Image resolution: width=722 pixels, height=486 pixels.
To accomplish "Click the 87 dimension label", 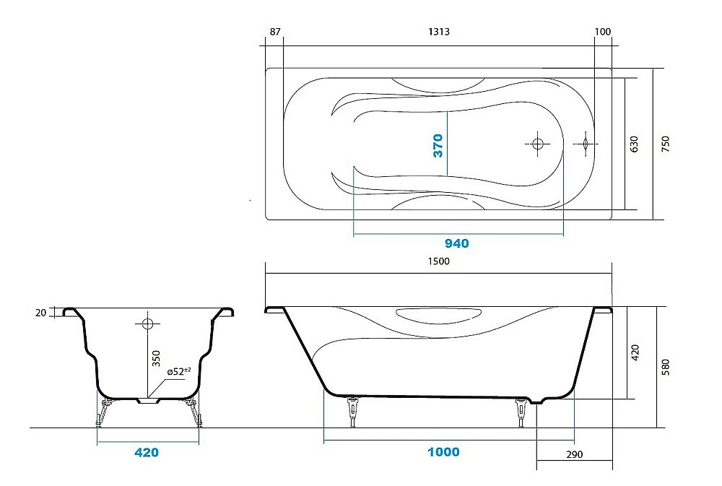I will click(274, 32).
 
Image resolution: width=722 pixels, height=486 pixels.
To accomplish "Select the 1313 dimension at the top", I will click(439, 32).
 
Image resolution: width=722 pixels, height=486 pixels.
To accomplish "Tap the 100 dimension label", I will click(603, 32).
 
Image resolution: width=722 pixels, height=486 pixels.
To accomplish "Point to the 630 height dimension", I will click(635, 144).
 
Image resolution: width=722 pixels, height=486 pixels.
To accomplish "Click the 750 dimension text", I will click(666, 144).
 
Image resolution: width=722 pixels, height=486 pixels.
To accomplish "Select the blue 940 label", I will click(456, 243).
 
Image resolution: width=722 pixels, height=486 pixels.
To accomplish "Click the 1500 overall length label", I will click(438, 261).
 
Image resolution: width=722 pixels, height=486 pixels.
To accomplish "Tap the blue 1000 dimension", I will click(443, 452).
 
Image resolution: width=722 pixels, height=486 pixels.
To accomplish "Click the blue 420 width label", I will click(146, 453).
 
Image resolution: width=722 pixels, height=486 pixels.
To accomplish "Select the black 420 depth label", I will click(635, 352).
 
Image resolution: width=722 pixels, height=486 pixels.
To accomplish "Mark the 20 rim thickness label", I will click(40, 313).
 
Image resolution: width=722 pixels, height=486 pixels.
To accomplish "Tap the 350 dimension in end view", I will click(156, 359).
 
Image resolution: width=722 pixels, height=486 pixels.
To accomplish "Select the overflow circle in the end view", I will click(147, 324).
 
